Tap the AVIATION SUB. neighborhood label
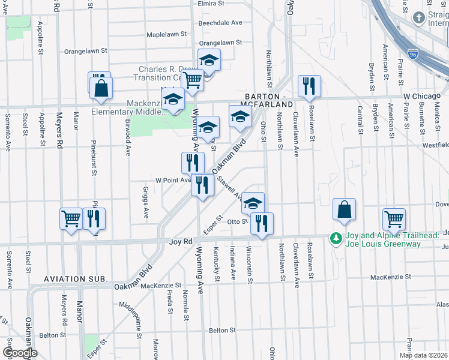76,280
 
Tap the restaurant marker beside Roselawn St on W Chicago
309,86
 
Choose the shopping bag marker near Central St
345,209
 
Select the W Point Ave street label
173,179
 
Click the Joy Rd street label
180,241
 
